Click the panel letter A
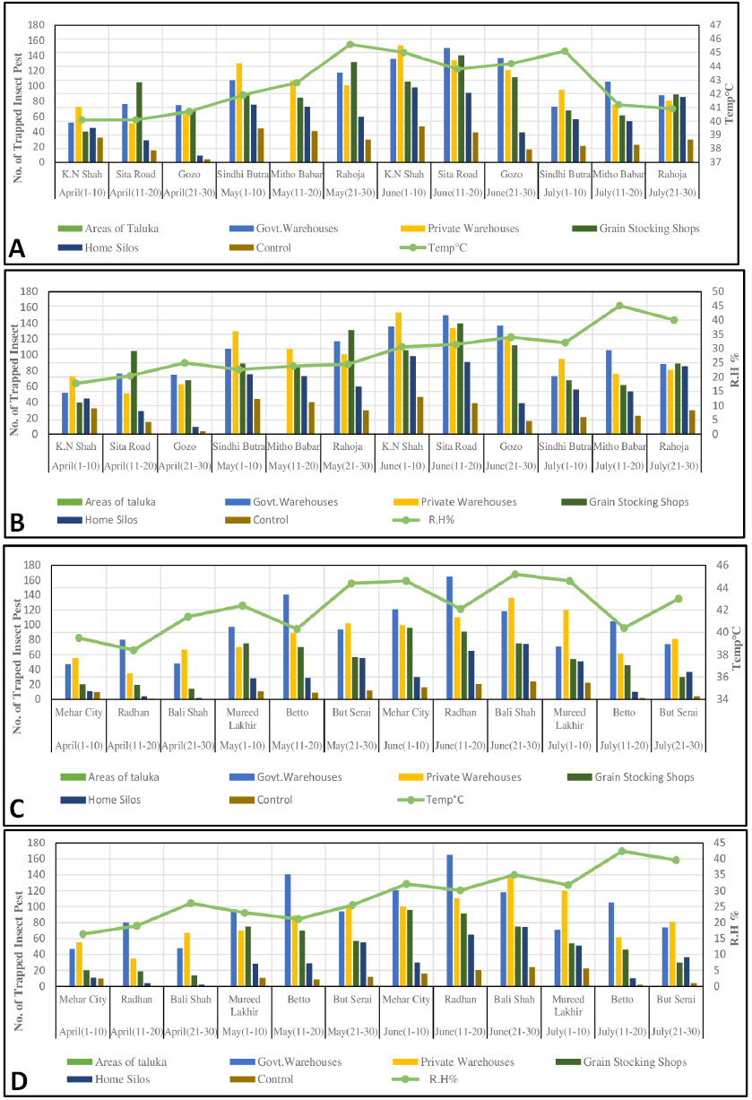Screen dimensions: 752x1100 click(x=17, y=249)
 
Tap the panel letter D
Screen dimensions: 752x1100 click(x=18, y=1081)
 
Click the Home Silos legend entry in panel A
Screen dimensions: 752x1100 click(x=99, y=248)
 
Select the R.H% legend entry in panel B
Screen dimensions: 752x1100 click(x=424, y=520)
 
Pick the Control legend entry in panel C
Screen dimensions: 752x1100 click(x=261, y=800)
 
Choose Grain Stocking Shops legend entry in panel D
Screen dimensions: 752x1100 click(x=621, y=1061)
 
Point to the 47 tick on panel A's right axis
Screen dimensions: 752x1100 click(x=715, y=24)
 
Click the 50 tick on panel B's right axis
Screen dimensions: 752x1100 click(x=718, y=291)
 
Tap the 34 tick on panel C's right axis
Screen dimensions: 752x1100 click(x=722, y=698)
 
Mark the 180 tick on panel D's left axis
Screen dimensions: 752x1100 click(x=37, y=843)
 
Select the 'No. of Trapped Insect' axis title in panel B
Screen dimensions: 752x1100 click(x=14, y=379)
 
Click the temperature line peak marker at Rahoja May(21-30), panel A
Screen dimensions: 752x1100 click(x=350, y=45)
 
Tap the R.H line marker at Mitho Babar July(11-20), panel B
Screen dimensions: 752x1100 click(x=619, y=306)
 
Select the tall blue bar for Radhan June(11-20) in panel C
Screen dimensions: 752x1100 click(x=449, y=637)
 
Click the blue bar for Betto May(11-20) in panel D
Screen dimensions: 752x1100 click(x=288, y=930)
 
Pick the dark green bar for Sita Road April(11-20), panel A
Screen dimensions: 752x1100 click(x=140, y=122)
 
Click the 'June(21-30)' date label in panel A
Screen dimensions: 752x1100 click(x=511, y=193)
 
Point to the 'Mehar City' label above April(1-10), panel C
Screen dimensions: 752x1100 click(x=79, y=713)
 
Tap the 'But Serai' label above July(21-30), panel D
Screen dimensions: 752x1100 click(x=676, y=1000)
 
